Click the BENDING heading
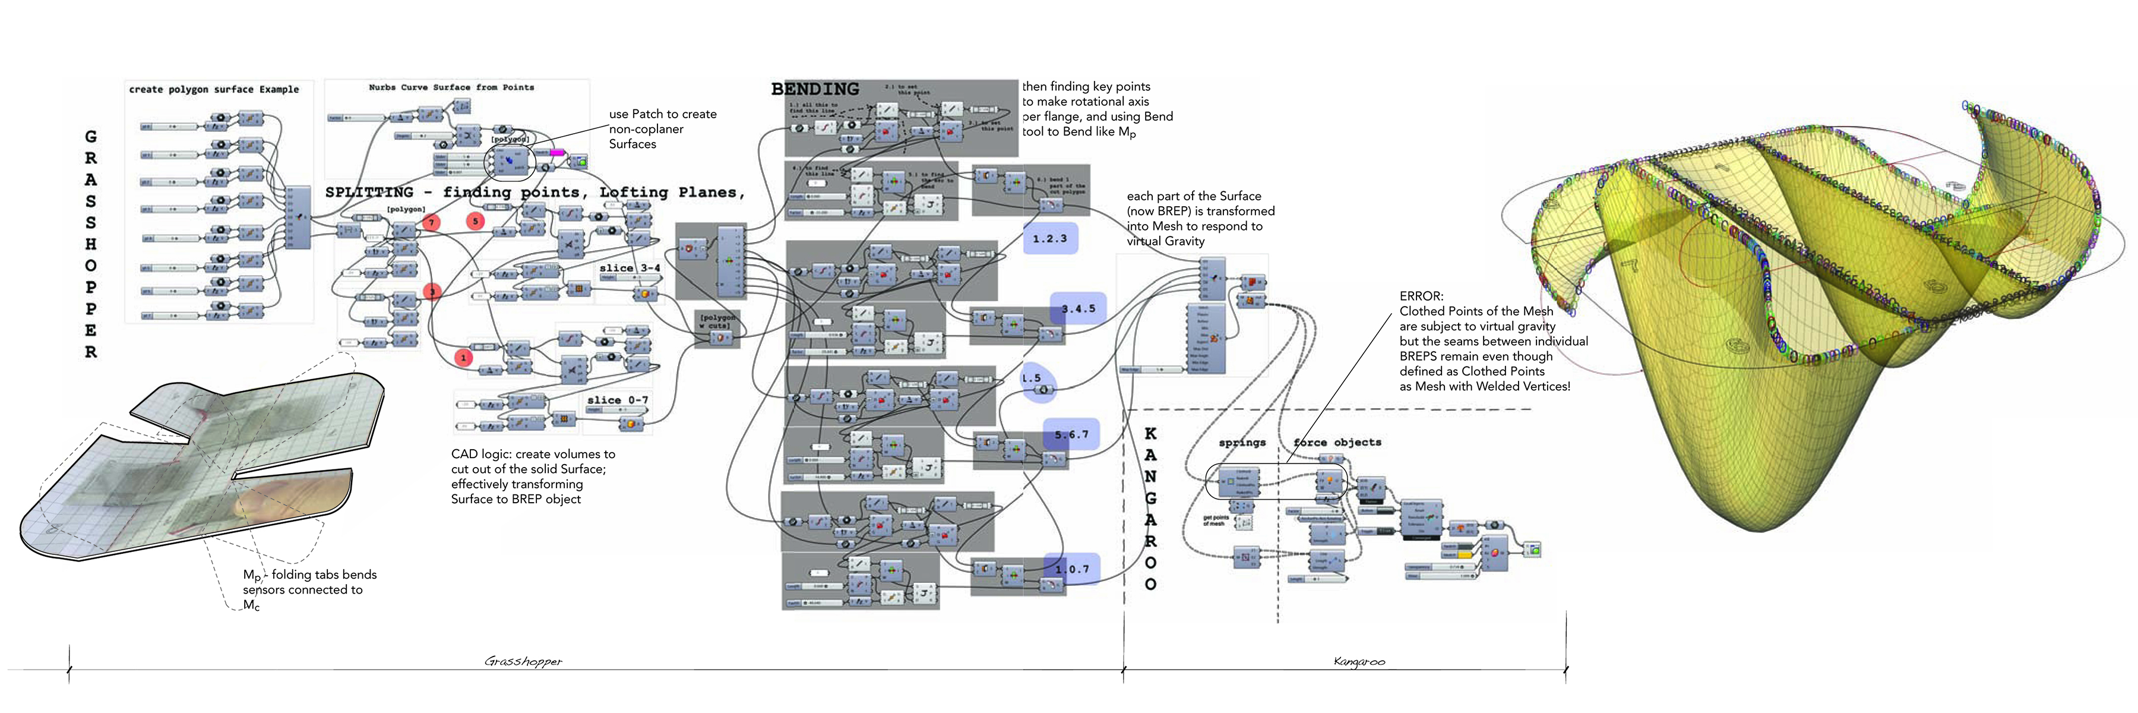[x=814, y=89]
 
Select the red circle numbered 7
[x=431, y=222]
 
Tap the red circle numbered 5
[x=475, y=221]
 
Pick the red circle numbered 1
[x=463, y=358]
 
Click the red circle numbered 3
[x=432, y=291]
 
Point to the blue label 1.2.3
[x=1050, y=239]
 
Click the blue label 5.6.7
[x=1071, y=434]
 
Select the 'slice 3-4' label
[x=629, y=268]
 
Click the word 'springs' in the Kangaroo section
[x=1242, y=443]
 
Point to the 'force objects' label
[x=1336, y=443]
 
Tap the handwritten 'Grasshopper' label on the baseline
[x=523, y=661]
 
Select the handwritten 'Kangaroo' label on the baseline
[x=1359, y=661]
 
